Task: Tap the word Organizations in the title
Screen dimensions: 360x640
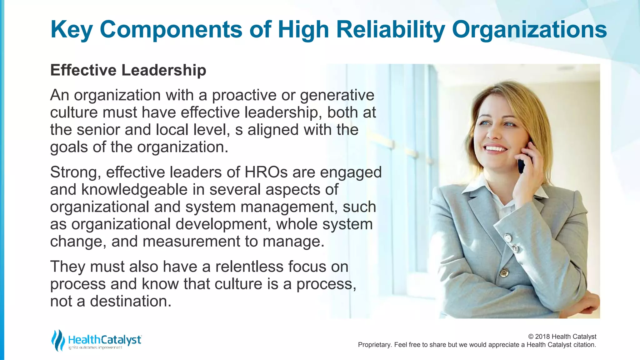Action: [529, 30]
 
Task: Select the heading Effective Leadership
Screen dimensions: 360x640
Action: [128, 70]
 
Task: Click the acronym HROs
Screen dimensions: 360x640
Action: [266, 172]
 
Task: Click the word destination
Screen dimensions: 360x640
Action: [131, 301]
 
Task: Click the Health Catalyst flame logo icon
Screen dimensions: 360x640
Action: [58, 340]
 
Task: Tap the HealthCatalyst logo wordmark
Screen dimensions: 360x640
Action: [105, 340]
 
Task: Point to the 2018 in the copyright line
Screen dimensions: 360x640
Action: [543, 337]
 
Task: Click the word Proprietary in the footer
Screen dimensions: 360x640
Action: [374, 345]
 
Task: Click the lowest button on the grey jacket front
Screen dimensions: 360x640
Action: [504, 272]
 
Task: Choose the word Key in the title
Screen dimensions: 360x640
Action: [71, 30]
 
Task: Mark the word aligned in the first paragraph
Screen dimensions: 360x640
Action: [272, 130]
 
